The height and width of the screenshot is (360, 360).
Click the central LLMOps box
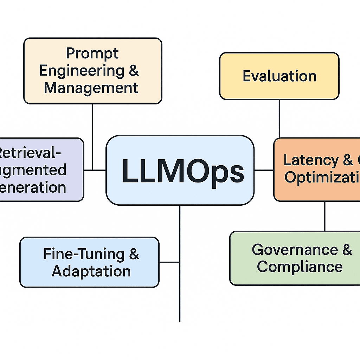(180, 170)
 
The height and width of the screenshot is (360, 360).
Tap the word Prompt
(92, 53)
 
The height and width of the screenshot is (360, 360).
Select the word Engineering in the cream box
(81, 71)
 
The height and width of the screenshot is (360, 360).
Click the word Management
(91, 88)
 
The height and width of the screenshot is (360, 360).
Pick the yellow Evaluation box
(279, 76)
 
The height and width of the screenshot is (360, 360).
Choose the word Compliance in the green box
(300, 267)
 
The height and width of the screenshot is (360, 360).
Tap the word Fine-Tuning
(84, 254)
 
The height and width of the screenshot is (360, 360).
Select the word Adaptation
(91, 271)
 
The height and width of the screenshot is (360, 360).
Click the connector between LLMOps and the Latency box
(264, 170)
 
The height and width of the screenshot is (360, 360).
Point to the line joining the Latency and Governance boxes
(324, 216)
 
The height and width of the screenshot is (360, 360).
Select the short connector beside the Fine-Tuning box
(169, 262)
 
